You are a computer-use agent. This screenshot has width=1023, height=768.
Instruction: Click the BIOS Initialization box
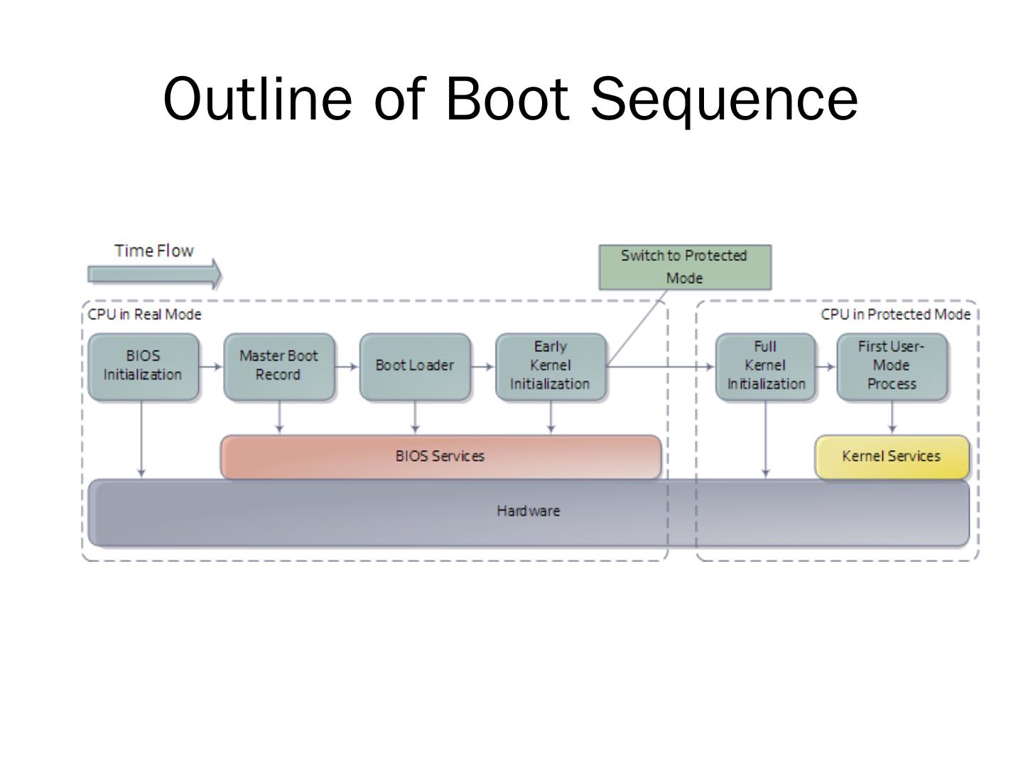tap(144, 366)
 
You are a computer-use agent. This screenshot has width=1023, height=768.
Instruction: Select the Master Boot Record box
tap(279, 366)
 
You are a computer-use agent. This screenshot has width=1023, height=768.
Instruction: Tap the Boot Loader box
tap(416, 366)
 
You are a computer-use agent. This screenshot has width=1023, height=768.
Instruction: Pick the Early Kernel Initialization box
tap(551, 366)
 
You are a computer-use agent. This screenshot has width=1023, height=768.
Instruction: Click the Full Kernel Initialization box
tap(766, 366)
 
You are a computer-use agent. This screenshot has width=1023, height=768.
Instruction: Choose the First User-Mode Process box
tap(892, 366)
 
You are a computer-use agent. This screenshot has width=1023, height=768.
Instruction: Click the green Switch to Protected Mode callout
tap(685, 267)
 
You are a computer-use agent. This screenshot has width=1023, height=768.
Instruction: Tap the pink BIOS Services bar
tap(441, 457)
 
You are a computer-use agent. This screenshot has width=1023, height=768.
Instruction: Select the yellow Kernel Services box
tap(892, 457)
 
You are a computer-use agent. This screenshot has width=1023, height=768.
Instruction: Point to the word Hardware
tap(529, 511)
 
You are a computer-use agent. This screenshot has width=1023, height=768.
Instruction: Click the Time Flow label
tap(153, 251)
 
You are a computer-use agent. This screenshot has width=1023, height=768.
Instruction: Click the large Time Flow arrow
tap(155, 274)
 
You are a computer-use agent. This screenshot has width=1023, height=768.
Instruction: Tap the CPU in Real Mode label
tap(144, 315)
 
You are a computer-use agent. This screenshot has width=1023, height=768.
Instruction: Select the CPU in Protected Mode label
tap(895, 315)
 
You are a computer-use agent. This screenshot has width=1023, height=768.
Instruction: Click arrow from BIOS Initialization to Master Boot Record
tap(211, 366)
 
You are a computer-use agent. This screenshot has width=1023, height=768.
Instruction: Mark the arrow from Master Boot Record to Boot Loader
tap(347, 366)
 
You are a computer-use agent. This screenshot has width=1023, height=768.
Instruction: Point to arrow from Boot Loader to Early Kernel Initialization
tap(483, 366)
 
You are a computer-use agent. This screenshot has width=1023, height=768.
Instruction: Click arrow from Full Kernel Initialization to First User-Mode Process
tap(826, 366)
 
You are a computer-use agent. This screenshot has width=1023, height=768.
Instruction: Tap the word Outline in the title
tap(257, 98)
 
